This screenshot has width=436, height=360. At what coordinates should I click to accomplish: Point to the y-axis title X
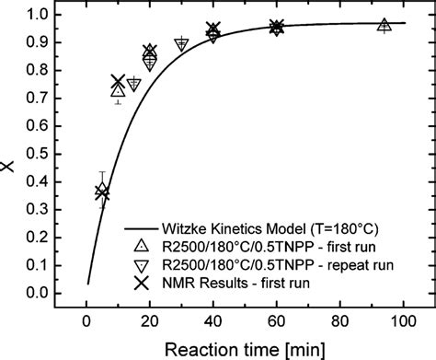coord(9,167)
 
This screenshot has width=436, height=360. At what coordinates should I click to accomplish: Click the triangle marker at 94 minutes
coord(384,25)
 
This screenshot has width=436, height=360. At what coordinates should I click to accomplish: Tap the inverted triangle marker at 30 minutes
coord(181,44)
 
